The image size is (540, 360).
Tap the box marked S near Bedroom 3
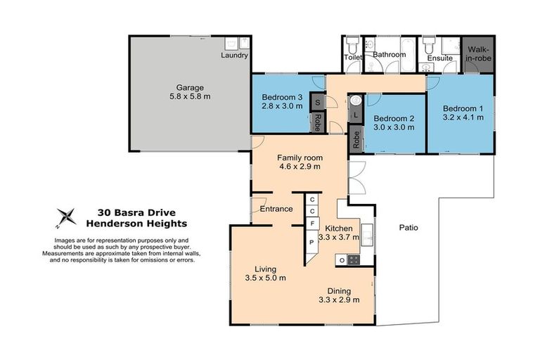(317, 102)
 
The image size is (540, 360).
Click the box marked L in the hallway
(356, 114)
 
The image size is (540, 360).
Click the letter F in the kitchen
(311, 224)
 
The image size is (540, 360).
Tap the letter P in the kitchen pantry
(311, 243)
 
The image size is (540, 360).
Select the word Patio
(409, 228)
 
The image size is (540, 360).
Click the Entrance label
(276, 209)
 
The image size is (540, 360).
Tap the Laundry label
(234, 55)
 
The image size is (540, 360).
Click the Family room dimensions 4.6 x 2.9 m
(299, 167)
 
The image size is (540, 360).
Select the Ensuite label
(440, 58)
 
